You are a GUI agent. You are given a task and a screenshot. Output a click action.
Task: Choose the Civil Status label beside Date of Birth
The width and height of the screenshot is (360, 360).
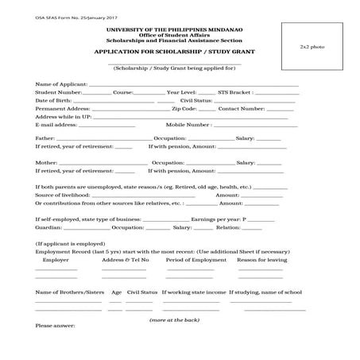click(195, 101)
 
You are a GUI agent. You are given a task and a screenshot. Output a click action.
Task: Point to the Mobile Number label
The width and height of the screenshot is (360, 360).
click(188, 125)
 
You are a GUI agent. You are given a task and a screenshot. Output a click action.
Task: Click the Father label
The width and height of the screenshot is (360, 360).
click(45, 138)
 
